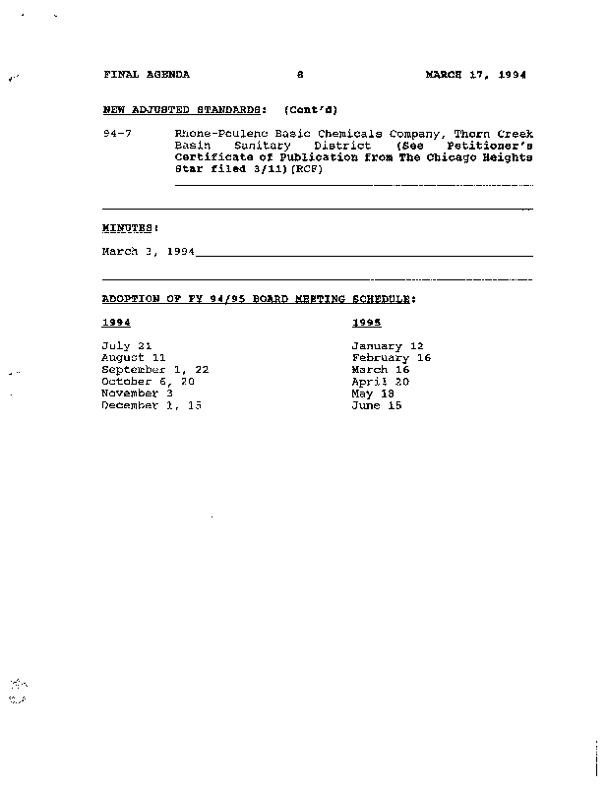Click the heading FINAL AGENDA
coord(146,75)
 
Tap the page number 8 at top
coord(301,75)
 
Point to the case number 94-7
coord(117,133)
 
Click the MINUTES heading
coord(130,227)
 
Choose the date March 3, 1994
coord(148,252)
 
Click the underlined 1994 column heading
coord(116,322)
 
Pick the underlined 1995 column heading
coord(366,322)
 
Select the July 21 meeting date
coord(127,346)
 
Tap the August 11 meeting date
coord(134,358)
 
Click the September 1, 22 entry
coord(154,370)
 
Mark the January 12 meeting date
coord(387,346)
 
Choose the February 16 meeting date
coord(391,358)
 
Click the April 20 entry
coord(380,382)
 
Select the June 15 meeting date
coord(376,405)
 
